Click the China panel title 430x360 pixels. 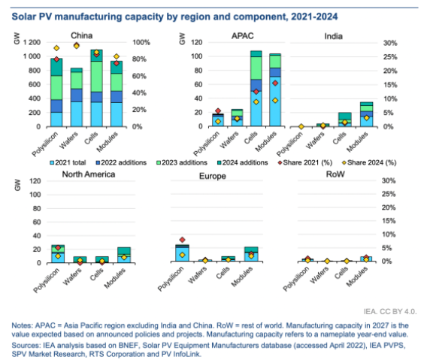click(81, 35)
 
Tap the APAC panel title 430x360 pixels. click(242, 36)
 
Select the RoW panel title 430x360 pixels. click(335, 174)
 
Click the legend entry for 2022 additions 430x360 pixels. click(121, 162)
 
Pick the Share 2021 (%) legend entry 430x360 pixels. click(305, 162)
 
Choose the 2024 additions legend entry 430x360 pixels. click(242, 162)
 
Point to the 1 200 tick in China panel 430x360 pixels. click(32, 42)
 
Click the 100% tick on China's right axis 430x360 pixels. click(141, 43)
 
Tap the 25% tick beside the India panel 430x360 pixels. click(390, 57)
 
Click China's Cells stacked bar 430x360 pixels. click(96, 88)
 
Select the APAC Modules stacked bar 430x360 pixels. click(275, 90)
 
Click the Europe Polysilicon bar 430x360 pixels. click(182, 253)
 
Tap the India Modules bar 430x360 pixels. click(366, 114)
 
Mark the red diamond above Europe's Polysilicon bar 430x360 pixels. click(182, 240)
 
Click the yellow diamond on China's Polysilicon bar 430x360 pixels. click(56, 48)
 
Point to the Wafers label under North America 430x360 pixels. click(72, 277)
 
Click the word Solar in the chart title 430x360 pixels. click(24, 17)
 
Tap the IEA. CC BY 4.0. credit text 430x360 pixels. click(390, 312)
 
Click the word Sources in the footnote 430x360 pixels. click(23, 345)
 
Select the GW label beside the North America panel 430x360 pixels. click(17, 185)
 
